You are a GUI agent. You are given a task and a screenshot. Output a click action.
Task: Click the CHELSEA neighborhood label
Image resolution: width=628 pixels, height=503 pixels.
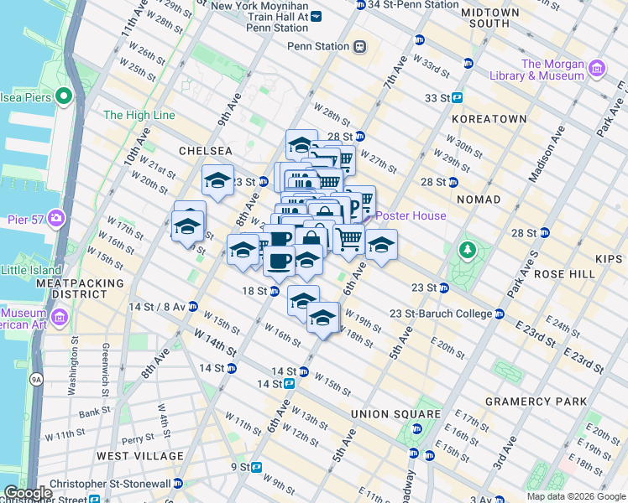205,151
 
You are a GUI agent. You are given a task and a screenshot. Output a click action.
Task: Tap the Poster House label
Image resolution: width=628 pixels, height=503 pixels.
411,215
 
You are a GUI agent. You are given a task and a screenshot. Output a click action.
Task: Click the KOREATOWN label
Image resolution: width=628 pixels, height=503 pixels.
489,119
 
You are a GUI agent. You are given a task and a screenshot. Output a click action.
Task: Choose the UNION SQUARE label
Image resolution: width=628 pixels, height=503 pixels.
395,414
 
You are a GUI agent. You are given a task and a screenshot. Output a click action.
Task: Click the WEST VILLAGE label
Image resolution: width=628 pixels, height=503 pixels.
140,456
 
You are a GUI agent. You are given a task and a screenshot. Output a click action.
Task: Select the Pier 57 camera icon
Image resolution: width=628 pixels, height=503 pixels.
56,218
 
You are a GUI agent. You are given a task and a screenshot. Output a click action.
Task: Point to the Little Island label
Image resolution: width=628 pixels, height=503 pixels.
31,270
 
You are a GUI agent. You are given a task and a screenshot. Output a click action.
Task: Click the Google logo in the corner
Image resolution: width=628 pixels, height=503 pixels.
28,493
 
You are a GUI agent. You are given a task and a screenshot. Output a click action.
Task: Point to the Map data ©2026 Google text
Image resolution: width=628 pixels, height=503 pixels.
575,496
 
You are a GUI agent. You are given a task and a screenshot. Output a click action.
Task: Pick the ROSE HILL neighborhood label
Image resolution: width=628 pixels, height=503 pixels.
572,274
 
